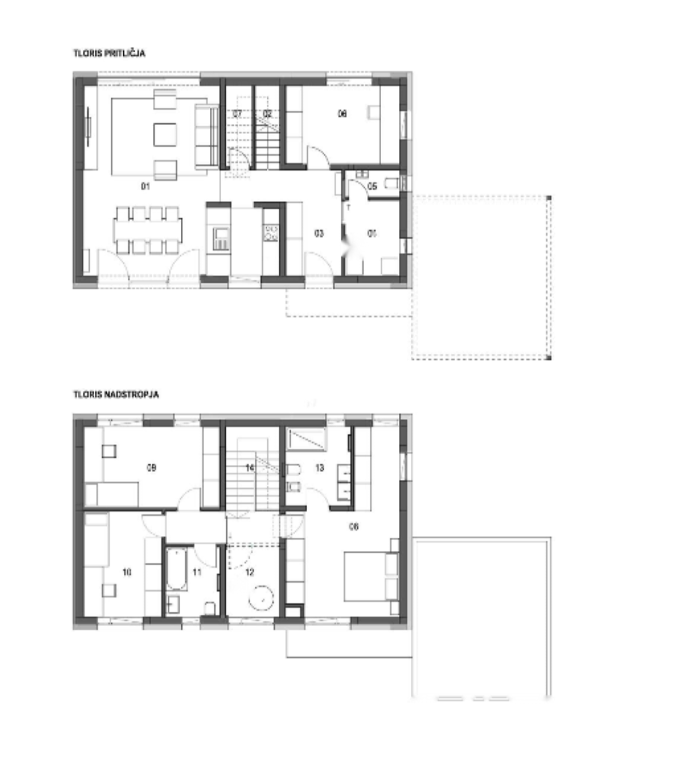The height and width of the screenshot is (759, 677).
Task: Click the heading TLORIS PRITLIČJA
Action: (109, 53)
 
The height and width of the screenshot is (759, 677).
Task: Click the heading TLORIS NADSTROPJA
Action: (116, 394)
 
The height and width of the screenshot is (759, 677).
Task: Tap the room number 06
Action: (342, 113)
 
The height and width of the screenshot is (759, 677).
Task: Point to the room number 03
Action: (319, 234)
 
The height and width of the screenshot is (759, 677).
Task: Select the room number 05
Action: (372, 186)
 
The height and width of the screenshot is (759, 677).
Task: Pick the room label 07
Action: (237, 113)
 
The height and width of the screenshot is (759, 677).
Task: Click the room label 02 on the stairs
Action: (267, 113)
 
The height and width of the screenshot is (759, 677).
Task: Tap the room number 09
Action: (151, 467)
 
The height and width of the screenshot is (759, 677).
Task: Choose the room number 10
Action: (126, 572)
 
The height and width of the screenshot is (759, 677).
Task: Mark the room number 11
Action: (197, 572)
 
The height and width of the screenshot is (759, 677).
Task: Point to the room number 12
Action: (249, 572)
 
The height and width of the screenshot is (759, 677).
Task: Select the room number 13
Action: (320, 468)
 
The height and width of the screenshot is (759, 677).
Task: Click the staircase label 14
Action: (250, 468)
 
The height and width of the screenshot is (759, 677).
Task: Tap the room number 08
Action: (354, 526)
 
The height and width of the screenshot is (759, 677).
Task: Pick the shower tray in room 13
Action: (306, 439)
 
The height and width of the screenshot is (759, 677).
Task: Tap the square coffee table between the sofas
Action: (164, 135)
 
